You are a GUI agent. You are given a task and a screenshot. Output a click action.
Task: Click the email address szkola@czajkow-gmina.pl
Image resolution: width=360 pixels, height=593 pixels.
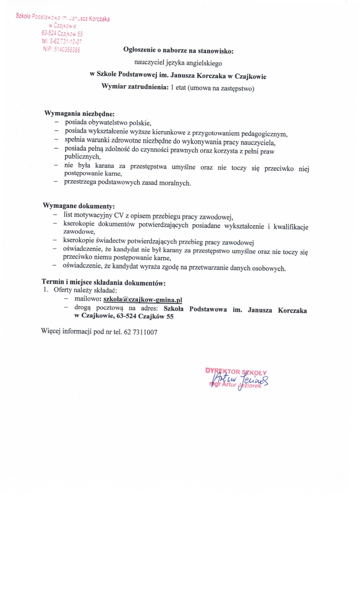click(142, 299)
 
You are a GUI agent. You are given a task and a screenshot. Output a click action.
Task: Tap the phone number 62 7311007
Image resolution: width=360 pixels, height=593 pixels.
click(141, 332)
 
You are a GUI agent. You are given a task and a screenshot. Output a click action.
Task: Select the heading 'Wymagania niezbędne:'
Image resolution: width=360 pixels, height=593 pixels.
click(79, 113)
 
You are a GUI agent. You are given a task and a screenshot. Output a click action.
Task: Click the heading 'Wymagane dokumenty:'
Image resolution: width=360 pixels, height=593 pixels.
click(78, 206)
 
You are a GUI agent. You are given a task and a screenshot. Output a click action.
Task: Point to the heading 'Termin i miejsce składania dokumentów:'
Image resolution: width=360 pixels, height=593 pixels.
click(104, 282)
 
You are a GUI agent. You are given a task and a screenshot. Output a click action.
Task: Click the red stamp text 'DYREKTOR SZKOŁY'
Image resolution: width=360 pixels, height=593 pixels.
click(236, 372)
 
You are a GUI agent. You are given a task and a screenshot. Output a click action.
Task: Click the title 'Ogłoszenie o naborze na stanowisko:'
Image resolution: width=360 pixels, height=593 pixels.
click(178, 50)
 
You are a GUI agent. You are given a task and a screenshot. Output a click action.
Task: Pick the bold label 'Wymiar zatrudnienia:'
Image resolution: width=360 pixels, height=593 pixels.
click(135, 87)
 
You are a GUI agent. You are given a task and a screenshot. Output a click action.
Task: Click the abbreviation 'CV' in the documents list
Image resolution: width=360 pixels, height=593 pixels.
click(119, 215)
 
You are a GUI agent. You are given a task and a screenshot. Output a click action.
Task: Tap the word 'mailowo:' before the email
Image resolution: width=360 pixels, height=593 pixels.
click(88, 299)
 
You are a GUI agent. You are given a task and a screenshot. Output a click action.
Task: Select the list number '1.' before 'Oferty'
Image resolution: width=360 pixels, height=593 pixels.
click(46, 290)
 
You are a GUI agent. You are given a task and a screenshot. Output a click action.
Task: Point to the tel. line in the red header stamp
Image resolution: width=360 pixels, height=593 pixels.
click(62, 41)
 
